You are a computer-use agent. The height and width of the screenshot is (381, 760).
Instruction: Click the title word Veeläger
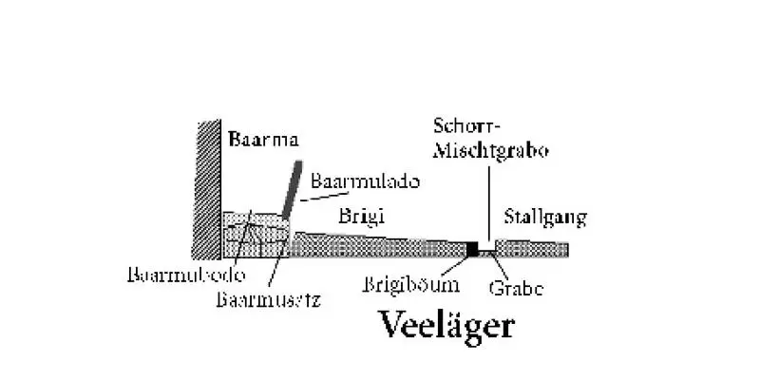(x=446, y=326)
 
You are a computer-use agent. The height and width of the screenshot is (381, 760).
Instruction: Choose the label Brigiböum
(x=413, y=283)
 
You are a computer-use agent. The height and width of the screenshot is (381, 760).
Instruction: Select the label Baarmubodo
(x=187, y=275)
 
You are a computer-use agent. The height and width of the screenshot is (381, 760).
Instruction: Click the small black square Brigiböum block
(x=472, y=249)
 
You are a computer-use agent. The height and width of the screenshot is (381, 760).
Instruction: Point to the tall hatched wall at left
(x=205, y=190)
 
